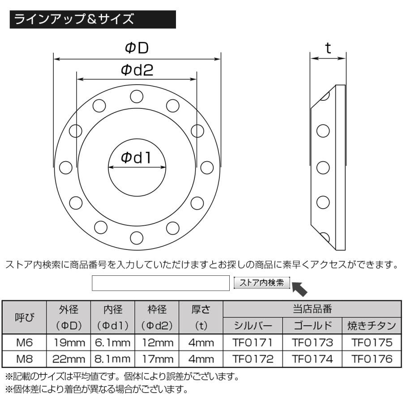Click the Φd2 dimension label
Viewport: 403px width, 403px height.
(x=137, y=70)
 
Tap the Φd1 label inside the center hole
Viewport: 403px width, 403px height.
(x=137, y=157)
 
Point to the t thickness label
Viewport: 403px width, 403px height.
(x=328, y=48)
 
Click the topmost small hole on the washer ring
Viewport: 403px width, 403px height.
(x=137, y=96)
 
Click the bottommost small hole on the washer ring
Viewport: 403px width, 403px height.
(x=137, y=237)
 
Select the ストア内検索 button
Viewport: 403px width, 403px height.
(x=262, y=283)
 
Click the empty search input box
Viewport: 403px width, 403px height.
(x=161, y=283)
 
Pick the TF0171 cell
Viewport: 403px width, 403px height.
(x=252, y=343)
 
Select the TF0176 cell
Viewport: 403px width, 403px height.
(x=371, y=359)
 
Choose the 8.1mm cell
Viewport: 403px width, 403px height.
(x=113, y=359)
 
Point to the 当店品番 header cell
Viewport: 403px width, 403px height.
(x=312, y=309)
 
